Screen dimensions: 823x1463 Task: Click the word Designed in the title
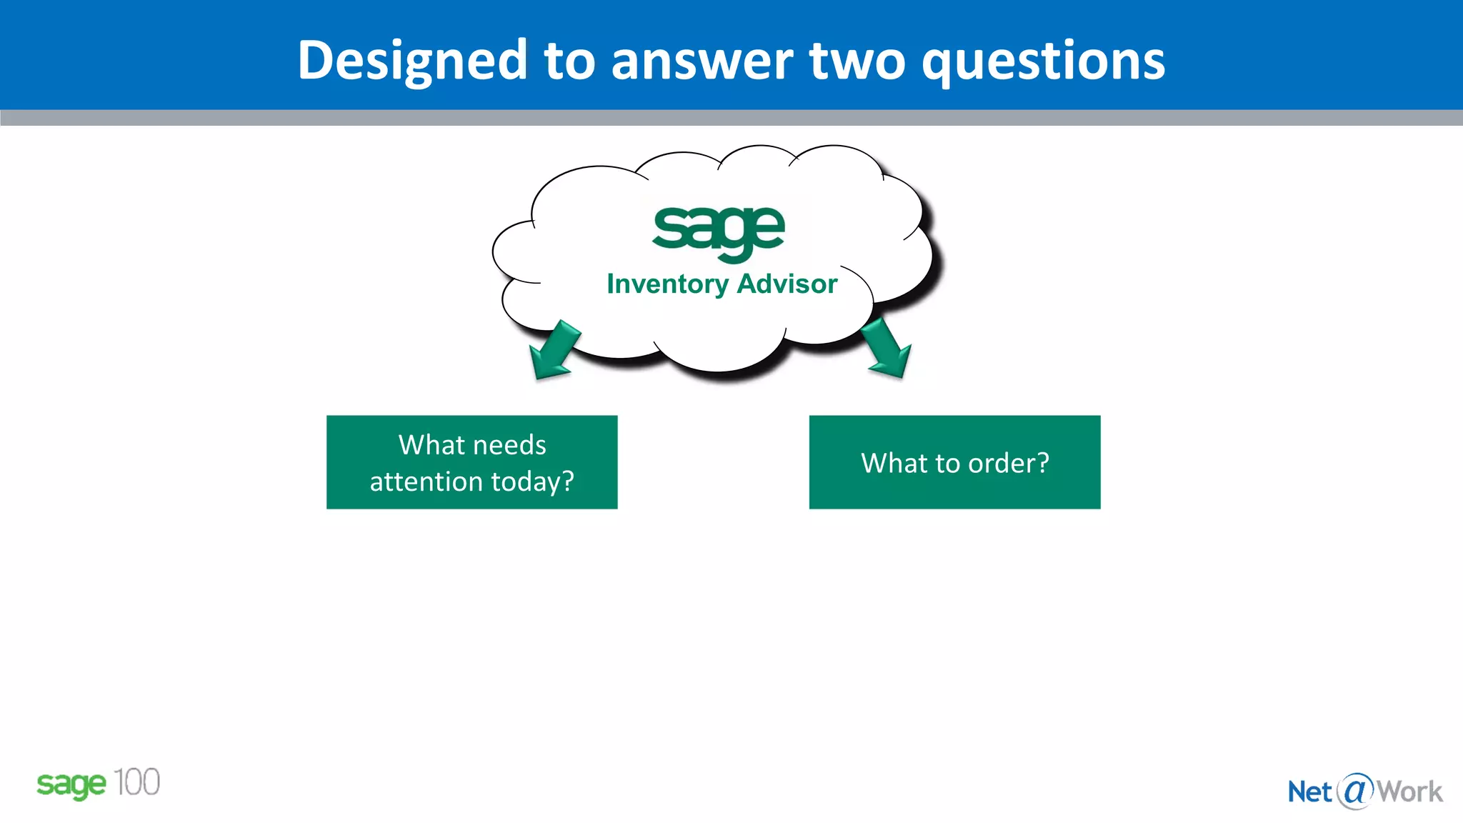(412, 61)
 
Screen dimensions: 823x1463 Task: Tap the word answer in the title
(701, 61)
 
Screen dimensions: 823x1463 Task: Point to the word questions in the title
(1043, 61)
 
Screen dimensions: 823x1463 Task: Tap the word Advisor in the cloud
(787, 284)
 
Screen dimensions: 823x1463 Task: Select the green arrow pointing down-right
(887, 349)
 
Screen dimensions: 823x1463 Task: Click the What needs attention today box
(471, 462)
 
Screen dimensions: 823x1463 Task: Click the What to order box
(954, 462)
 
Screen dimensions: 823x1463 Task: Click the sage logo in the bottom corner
(71, 785)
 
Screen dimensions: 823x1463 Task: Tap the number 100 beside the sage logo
(136, 782)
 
